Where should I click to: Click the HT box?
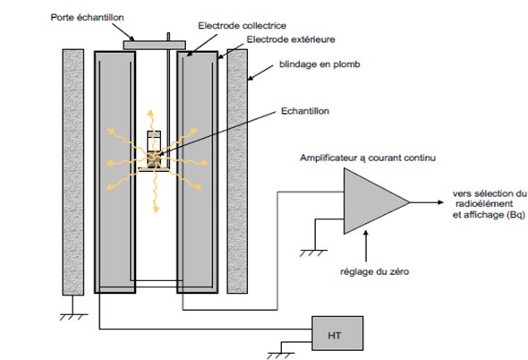pyautogui.click(x=337, y=333)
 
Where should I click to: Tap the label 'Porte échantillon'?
pyautogui.click(x=87, y=18)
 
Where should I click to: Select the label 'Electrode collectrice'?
pyautogui.click(x=243, y=26)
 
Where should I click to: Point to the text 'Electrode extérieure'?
pyautogui.click(x=291, y=39)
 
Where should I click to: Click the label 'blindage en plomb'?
pyautogui.click(x=319, y=64)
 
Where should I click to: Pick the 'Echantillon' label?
pyautogui.click(x=305, y=111)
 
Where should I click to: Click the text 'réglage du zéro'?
pyautogui.click(x=374, y=271)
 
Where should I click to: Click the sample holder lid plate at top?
pyautogui.click(x=155, y=45)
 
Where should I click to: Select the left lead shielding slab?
pyautogui.click(x=73, y=172)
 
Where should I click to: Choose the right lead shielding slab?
pyautogui.click(x=237, y=171)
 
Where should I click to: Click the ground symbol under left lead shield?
pyautogui.click(x=73, y=317)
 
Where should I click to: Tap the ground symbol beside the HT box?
pyautogui.click(x=280, y=356)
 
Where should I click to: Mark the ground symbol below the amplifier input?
pyautogui.click(x=313, y=253)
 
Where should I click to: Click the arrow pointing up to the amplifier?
pyautogui.click(x=366, y=246)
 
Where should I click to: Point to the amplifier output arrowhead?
pyautogui.click(x=441, y=202)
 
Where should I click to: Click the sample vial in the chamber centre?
pyautogui.click(x=154, y=149)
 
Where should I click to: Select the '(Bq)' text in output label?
pyautogui.click(x=515, y=215)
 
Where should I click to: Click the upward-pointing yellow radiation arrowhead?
pyautogui.click(x=150, y=113)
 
